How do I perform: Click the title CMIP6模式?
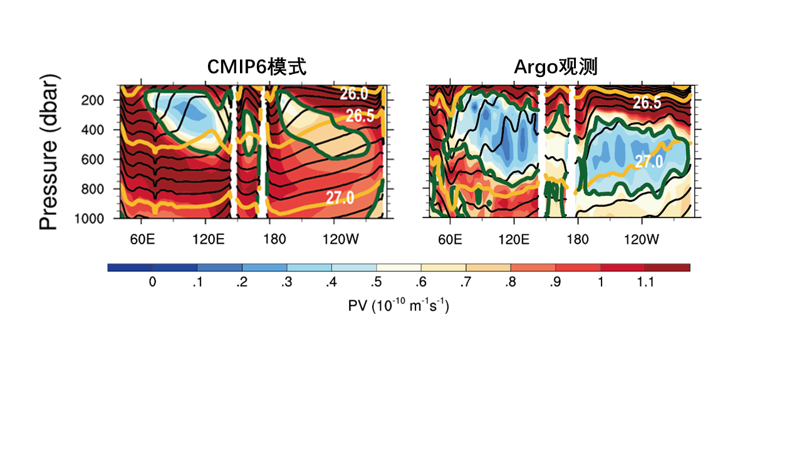click(258, 67)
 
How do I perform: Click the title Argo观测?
click(556, 67)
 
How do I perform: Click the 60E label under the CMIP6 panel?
click(142, 239)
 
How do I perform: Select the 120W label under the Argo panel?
click(642, 239)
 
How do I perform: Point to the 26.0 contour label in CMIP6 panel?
click(354, 93)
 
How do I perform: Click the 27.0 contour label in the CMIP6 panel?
click(340, 198)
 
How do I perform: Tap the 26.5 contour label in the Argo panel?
click(646, 102)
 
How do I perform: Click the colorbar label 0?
click(152, 283)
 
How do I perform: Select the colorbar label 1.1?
click(645, 283)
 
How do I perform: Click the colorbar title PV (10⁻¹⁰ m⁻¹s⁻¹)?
click(398, 306)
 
